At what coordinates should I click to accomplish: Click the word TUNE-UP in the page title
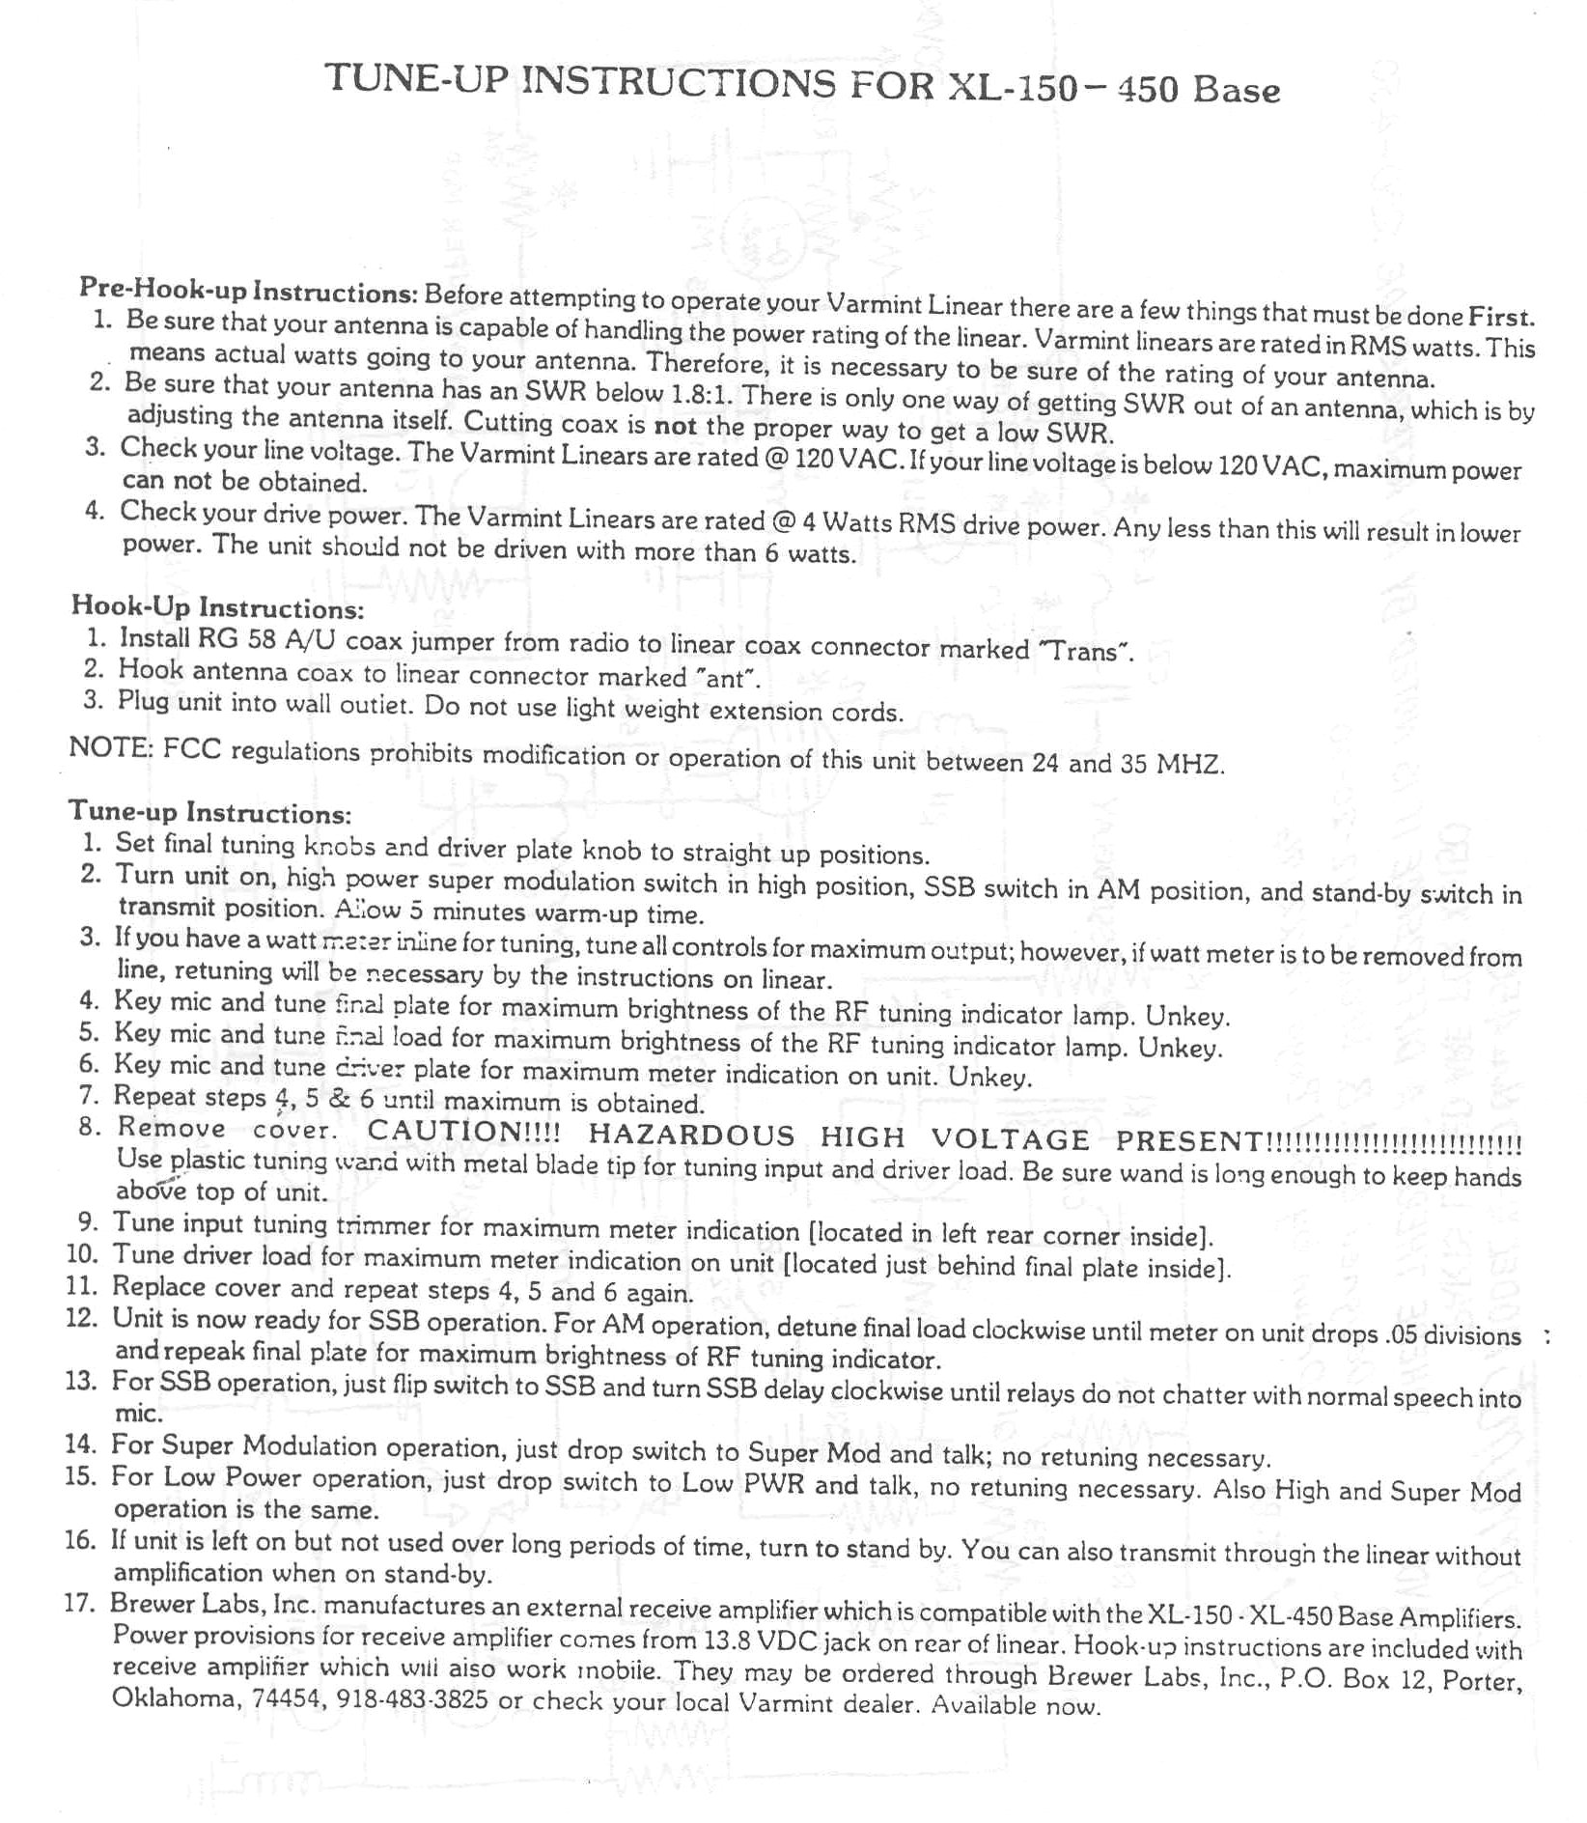pos(416,79)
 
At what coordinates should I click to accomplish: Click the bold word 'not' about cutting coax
pos(675,425)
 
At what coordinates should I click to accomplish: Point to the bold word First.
pos(1501,316)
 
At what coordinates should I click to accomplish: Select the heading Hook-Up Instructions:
pos(217,607)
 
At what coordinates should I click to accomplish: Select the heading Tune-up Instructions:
pos(209,811)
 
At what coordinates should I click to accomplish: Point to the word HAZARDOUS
pos(691,1134)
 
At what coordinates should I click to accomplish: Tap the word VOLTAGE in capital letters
pos(1010,1137)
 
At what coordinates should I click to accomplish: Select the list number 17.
pos(80,1604)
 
